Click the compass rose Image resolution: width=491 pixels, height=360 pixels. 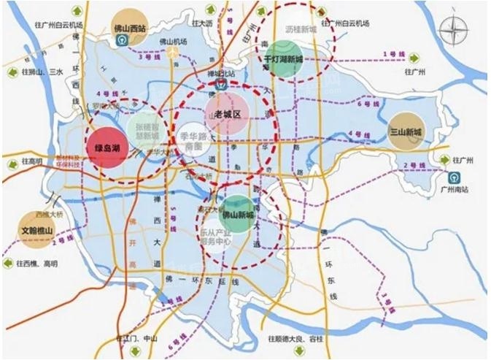pos(458,31)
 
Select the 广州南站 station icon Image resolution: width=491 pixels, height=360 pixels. pos(453,177)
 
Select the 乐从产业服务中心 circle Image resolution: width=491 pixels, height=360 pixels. pos(217,235)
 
